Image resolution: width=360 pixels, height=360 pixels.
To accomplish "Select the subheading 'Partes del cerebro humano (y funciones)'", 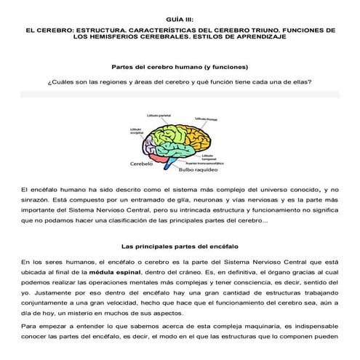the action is pyautogui.click(x=180, y=65).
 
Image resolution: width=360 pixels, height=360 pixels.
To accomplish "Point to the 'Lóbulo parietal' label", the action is pyautogui.click(x=159, y=116).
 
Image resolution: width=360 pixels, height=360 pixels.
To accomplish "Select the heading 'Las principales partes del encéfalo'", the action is pyautogui.click(x=180, y=246).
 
